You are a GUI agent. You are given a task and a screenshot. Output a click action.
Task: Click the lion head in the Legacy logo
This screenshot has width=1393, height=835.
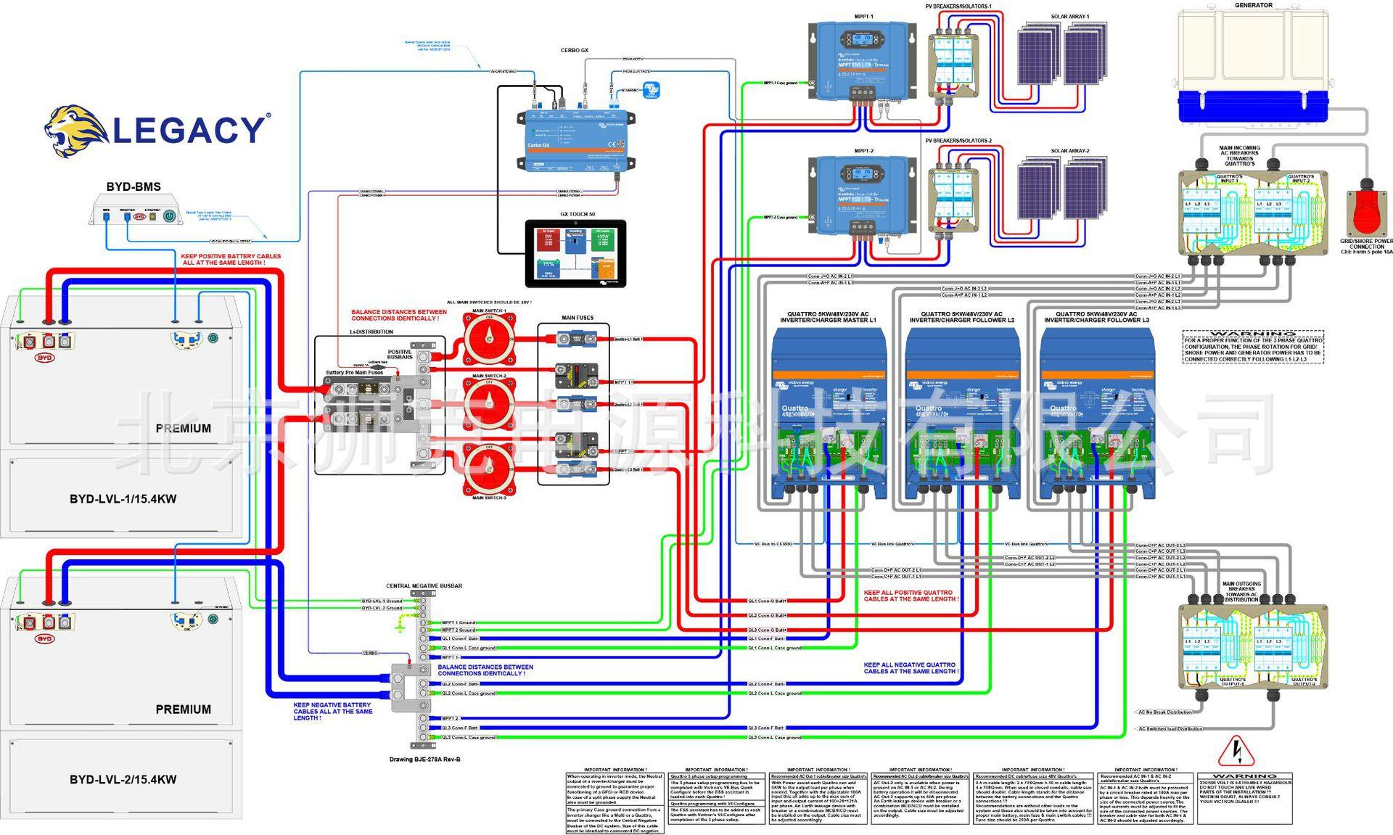tap(73, 131)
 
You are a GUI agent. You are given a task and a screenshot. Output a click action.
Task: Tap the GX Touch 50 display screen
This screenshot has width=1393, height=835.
tap(575, 254)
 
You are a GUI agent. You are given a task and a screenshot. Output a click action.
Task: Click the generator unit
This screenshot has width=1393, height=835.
tap(1253, 65)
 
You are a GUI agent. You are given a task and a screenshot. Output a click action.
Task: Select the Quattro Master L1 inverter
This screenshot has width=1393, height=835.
tap(829, 414)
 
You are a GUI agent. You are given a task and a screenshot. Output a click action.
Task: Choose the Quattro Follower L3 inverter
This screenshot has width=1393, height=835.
tap(1096, 414)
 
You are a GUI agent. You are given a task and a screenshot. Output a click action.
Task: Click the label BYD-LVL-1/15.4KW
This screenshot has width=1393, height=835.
tap(123, 499)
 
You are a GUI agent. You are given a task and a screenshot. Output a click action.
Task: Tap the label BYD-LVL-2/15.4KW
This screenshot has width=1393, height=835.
tap(123, 780)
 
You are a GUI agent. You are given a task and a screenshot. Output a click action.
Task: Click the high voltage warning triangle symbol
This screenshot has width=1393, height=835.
tap(1236, 752)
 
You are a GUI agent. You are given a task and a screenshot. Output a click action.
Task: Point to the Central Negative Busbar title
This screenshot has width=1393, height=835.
tap(424, 585)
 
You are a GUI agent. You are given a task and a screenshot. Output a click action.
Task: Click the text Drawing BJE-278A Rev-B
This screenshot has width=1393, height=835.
tap(424, 759)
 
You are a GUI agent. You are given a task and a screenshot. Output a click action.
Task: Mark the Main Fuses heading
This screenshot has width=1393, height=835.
tap(578, 318)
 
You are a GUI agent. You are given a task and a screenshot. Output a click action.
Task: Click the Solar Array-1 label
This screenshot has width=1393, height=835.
tap(1069, 17)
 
